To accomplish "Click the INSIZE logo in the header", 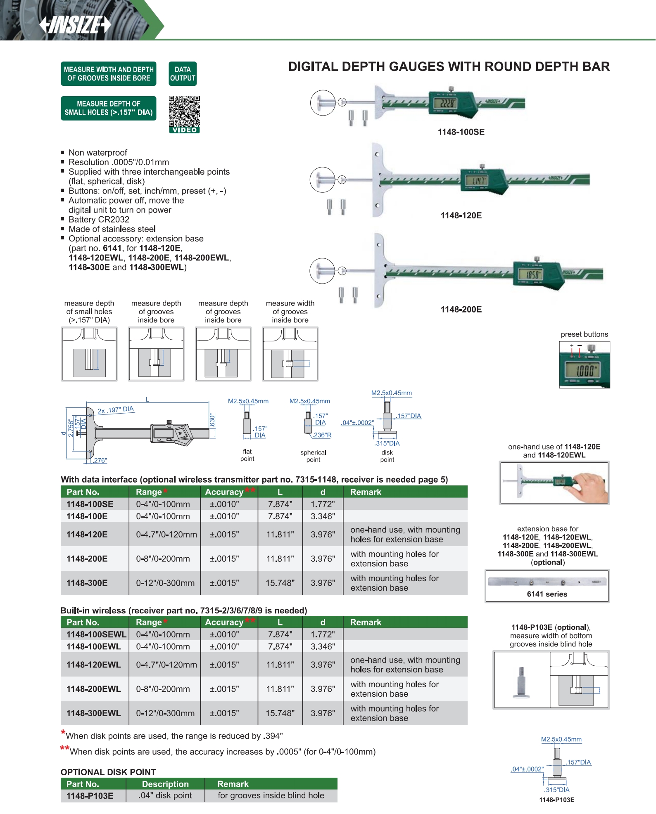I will tap(76, 25).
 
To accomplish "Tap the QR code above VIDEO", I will tap(184, 111).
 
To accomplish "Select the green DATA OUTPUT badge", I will tap(183, 74).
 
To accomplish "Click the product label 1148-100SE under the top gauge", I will tap(461, 132).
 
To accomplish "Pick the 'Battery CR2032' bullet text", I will tap(99, 220).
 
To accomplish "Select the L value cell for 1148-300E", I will tap(280, 583).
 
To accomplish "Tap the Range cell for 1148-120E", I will tap(166, 535).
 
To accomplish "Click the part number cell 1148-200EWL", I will tap(94, 689).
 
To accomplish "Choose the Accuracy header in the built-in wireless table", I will tap(224, 622).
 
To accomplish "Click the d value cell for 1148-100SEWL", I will tap(323, 634).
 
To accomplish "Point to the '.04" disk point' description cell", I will tap(165, 795).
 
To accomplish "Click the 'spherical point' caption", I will tap(313, 456).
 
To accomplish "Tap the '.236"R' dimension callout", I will tap(322, 435).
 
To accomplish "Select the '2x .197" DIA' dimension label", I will tap(116, 409).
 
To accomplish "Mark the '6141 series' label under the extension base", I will tap(547, 594).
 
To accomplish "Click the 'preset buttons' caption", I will tap(584, 334).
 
